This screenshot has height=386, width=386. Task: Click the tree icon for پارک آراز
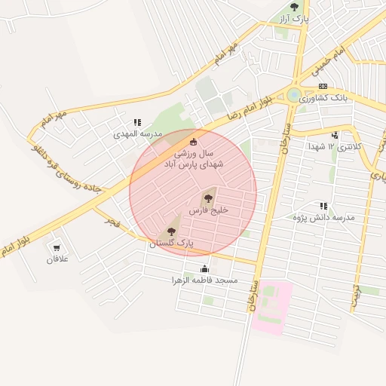[x=294, y=7]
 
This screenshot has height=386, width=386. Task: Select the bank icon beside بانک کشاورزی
[x=323, y=87]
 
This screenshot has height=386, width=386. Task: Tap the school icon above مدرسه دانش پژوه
[x=323, y=206]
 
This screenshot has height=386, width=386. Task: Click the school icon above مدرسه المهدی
[x=136, y=122]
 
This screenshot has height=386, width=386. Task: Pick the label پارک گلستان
[x=171, y=244]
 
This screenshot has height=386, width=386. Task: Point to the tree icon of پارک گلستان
[x=170, y=231]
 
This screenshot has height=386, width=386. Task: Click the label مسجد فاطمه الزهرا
[x=205, y=280]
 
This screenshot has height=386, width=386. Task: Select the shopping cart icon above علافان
[x=57, y=247]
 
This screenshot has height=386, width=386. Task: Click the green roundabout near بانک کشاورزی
[x=293, y=95]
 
